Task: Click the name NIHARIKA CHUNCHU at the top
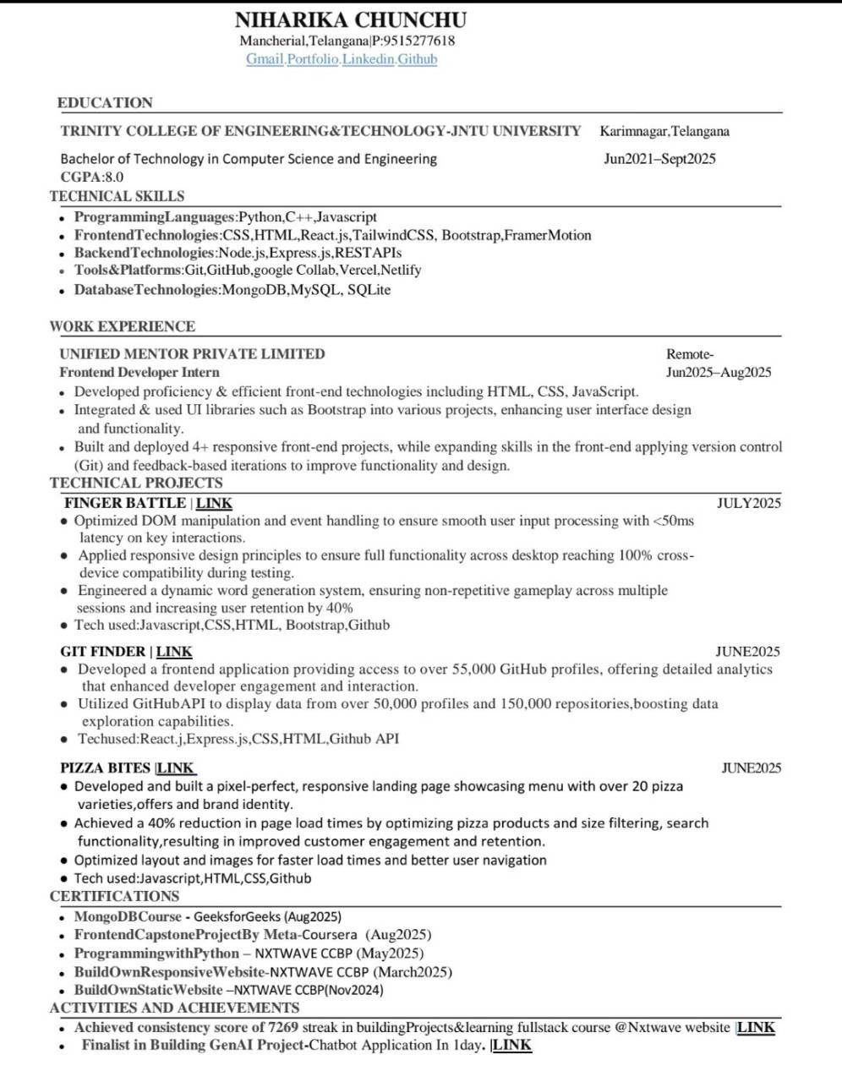[350, 19]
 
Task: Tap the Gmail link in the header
[265, 59]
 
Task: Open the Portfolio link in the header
[313, 59]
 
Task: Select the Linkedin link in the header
[369, 59]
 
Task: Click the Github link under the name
[418, 59]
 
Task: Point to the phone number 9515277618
[419, 41]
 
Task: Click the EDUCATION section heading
[105, 103]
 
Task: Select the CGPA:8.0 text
[91, 177]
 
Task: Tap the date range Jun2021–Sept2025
[659, 159]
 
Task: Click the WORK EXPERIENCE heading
[123, 326]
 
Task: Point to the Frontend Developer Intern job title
[139, 372]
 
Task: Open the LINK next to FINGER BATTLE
[215, 503]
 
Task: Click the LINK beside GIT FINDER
[174, 652]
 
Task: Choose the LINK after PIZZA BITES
[176, 768]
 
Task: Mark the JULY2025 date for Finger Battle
[748, 503]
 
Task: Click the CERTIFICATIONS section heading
[115, 896]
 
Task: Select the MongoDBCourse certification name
[128, 916]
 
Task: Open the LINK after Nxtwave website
[756, 1027]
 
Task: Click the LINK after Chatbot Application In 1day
[512, 1045]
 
